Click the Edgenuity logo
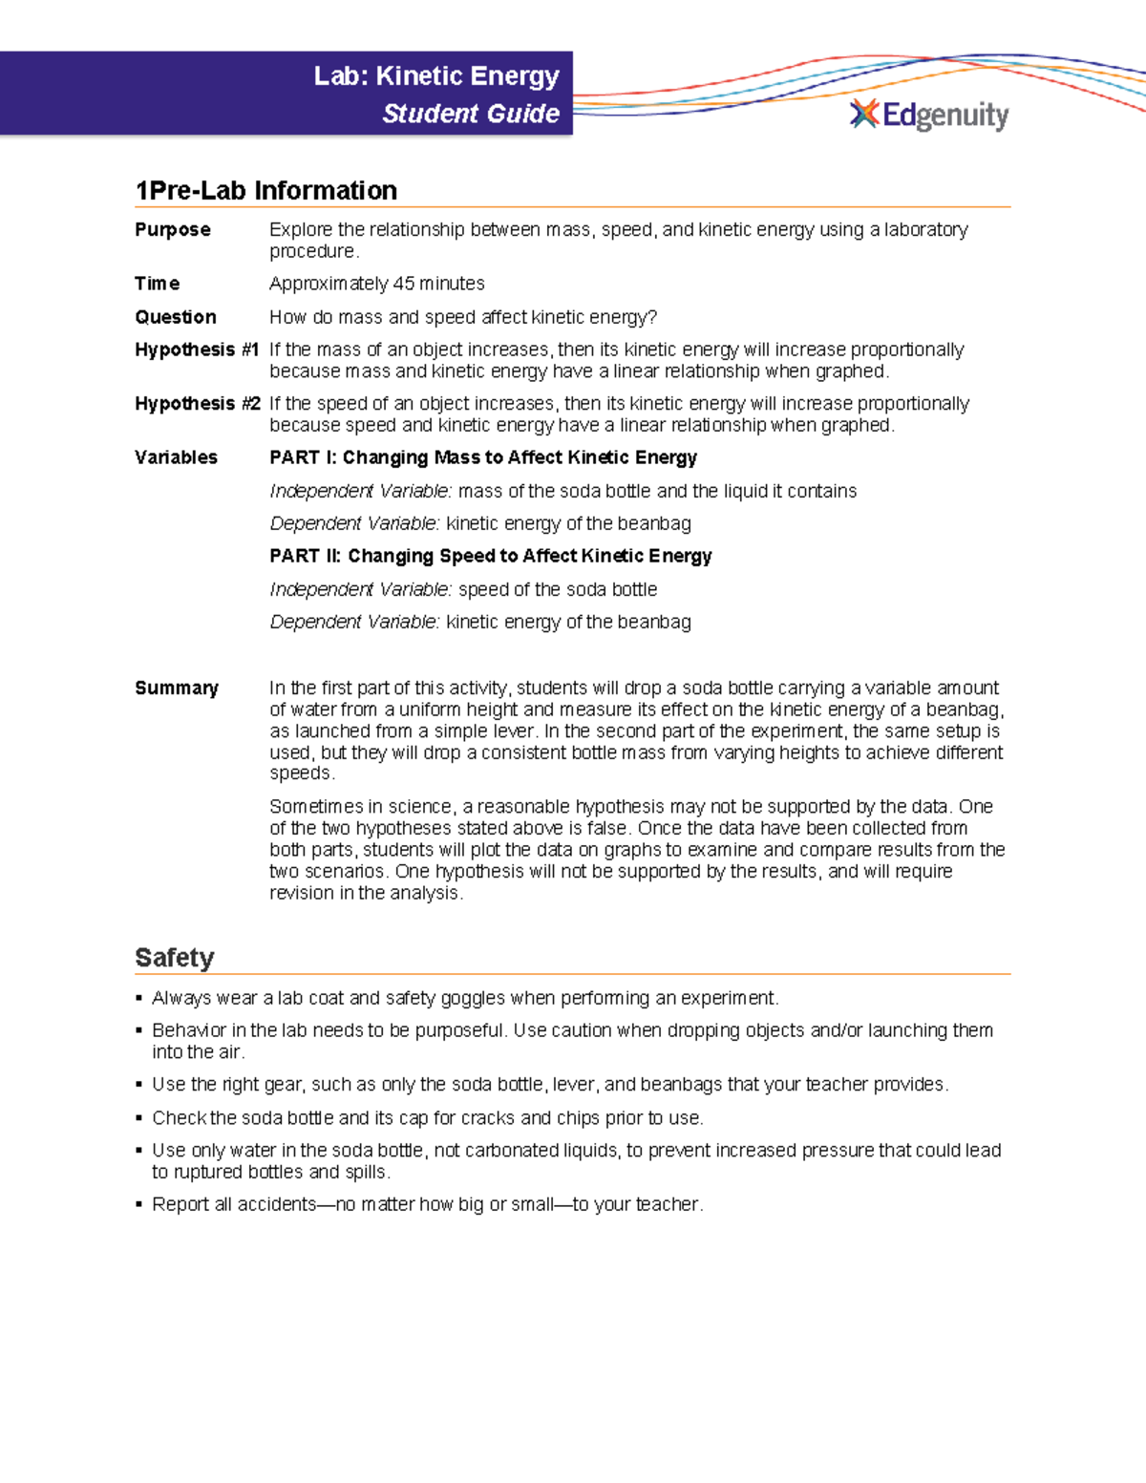pyautogui.click(x=928, y=115)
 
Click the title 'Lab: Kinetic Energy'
pyautogui.click(x=436, y=75)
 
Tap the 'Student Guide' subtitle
pyautogui.click(x=471, y=114)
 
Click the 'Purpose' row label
pyautogui.click(x=173, y=230)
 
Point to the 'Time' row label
pyautogui.click(x=158, y=284)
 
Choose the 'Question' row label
pyautogui.click(x=176, y=317)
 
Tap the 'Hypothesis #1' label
pyautogui.click(x=197, y=350)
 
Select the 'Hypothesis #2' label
pyautogui.click(x=197, y=404)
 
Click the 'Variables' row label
pyautogui.click(x=177, y=457)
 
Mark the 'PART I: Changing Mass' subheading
pyautogui.click(x=483, y=457)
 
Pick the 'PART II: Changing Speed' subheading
pyautogui.click(x=491, y=556)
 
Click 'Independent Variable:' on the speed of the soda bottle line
pyautogui.click(x=361, y=589)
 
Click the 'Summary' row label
pyautogui.click(x=177, y=689)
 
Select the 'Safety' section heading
pyautogui.click(x=175, y=958)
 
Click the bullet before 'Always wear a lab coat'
pyautogui.click(x=139, y=999)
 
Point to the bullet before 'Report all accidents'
pyautogui.click(x=139, y=1205)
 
